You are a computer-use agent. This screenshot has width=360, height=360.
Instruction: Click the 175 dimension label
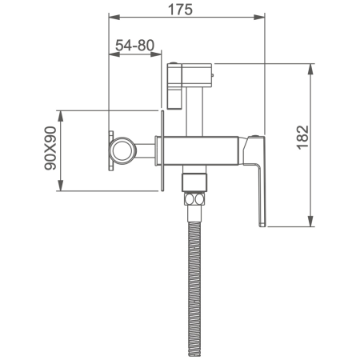[x=180, y=10]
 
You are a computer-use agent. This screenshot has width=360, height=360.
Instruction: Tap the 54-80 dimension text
[x=134, y=46]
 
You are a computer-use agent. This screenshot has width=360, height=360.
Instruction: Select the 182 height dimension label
[x=302, y=138]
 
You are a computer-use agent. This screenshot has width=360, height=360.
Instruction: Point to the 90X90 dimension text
[x=50, y=148]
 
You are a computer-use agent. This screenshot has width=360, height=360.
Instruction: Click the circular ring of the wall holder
[x=123, y=150]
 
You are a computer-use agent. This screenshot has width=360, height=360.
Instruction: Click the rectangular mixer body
[x=201, y=151]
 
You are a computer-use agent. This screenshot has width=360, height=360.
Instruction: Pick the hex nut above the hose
[x=194, y=198]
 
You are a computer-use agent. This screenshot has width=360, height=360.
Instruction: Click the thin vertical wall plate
[x=162, y=150]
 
